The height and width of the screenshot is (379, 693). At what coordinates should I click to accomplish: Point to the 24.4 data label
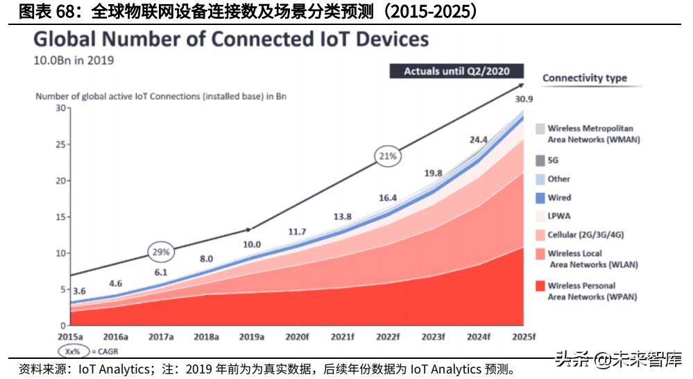coord(479,140)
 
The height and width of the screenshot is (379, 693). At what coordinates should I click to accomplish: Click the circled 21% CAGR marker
coord(388,156)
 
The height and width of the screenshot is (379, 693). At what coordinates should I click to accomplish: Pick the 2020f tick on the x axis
coord(296,336)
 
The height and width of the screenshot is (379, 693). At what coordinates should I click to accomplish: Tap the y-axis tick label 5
coord(62,289)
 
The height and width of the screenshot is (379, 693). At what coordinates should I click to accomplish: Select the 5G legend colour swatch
coord(540,160)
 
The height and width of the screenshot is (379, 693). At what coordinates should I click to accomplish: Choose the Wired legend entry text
coord(559,198)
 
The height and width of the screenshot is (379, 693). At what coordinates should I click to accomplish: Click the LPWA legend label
coord(559,216)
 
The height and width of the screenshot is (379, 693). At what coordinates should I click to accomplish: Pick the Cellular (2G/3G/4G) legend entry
coord(591,235)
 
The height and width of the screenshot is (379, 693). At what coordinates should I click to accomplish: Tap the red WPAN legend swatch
coord(540,286)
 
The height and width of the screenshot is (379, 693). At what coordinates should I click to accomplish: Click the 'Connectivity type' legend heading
coord(584,78)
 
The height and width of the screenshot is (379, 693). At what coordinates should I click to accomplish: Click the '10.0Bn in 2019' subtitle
coord(74,60)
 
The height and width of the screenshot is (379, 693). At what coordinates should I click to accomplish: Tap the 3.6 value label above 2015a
coord(80,291)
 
